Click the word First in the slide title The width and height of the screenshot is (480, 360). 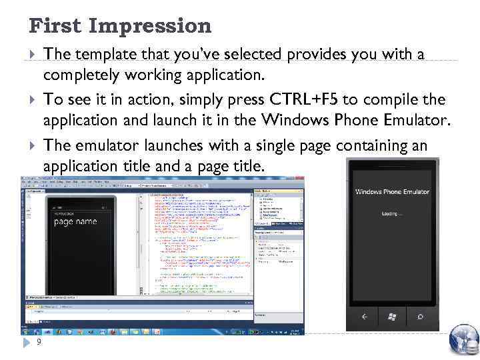pyautogui.click(x=55, y=26)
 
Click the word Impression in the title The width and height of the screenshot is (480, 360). pyautogui.click(x=150, y=27)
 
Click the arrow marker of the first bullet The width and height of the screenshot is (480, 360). pyautogui.click(x=34, y=54)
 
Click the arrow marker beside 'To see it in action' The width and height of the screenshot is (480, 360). pyautogui.click(x=34, y=100)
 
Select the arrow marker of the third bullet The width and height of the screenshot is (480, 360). pyautogui.click(x=34, y=146)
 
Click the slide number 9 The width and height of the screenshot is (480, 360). pyautogui.click(x=39, y=342)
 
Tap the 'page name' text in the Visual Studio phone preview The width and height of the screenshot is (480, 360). pyautogui.click(x=75, y=221)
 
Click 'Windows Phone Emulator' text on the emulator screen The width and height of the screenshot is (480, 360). pyautogui.click(x=392, y=192)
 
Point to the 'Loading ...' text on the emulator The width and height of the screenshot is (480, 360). pyautogui.click(x=392, y=214)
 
